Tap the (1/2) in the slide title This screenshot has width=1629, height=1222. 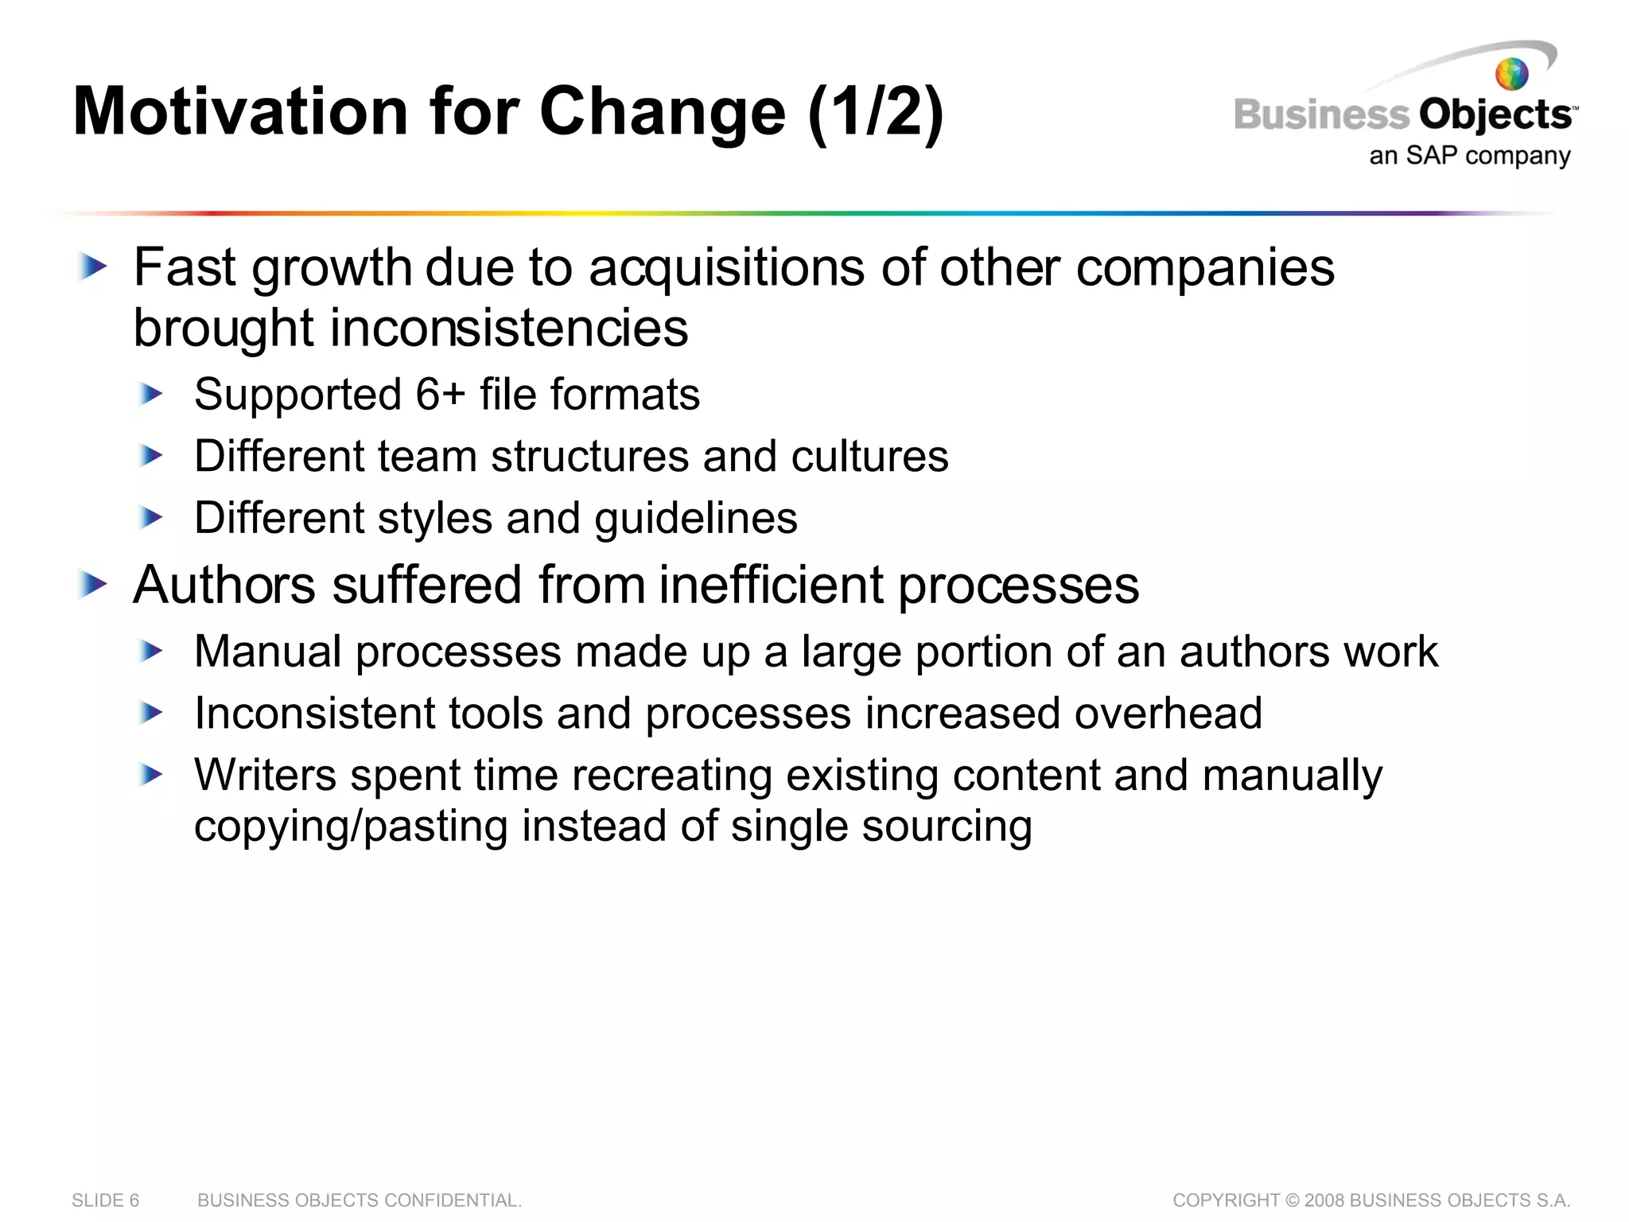pos(875,112)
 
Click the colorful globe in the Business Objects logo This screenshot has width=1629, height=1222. pos(1511,74)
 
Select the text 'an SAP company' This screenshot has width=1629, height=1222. pos(1469,155)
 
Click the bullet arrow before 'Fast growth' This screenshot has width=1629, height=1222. pos(93,267)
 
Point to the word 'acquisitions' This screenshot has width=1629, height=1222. pos(726,268)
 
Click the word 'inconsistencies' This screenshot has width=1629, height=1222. pos(509,328)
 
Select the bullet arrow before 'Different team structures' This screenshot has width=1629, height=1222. pos(150,456)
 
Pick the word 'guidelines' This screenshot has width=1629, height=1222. pos(696,519)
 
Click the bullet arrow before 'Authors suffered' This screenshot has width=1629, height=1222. pos(93,586)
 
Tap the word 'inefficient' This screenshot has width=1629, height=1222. pos(772,586)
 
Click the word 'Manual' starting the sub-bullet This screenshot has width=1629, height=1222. pos(268,652)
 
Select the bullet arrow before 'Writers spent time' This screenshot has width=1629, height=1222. pos(150,774)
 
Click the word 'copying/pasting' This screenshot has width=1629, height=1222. pos(351,826)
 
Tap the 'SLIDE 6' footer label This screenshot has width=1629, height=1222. pos(105,1200)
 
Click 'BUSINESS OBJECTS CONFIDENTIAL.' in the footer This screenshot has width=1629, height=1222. pos(360,1200)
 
